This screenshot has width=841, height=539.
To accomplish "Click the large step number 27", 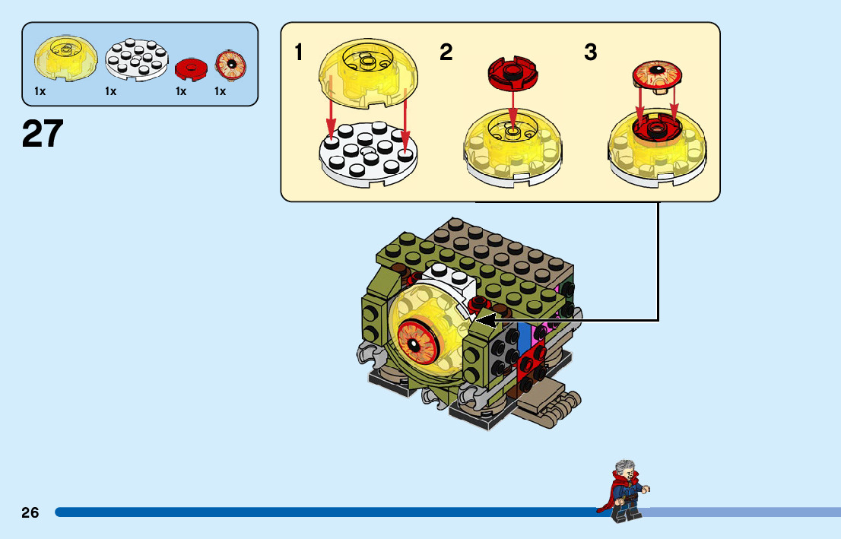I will [x=43, y=135].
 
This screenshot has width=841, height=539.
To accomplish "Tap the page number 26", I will [x=30, y=512].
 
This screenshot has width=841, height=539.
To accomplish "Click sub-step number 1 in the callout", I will [x=299, y=52].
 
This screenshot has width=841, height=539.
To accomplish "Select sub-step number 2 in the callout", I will [x=446, y=52].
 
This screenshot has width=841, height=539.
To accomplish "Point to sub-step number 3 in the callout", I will [x=591, y=52].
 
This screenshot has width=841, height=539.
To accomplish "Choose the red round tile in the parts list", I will [x=191, y=70].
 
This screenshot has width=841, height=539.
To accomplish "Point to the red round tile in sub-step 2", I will [x=513, y=71].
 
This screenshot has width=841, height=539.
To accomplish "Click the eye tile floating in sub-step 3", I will [x=657, y=75].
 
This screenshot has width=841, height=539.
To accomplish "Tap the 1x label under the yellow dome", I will [x=40, y=91].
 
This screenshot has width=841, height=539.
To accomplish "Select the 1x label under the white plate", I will [x=111, y=91].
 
